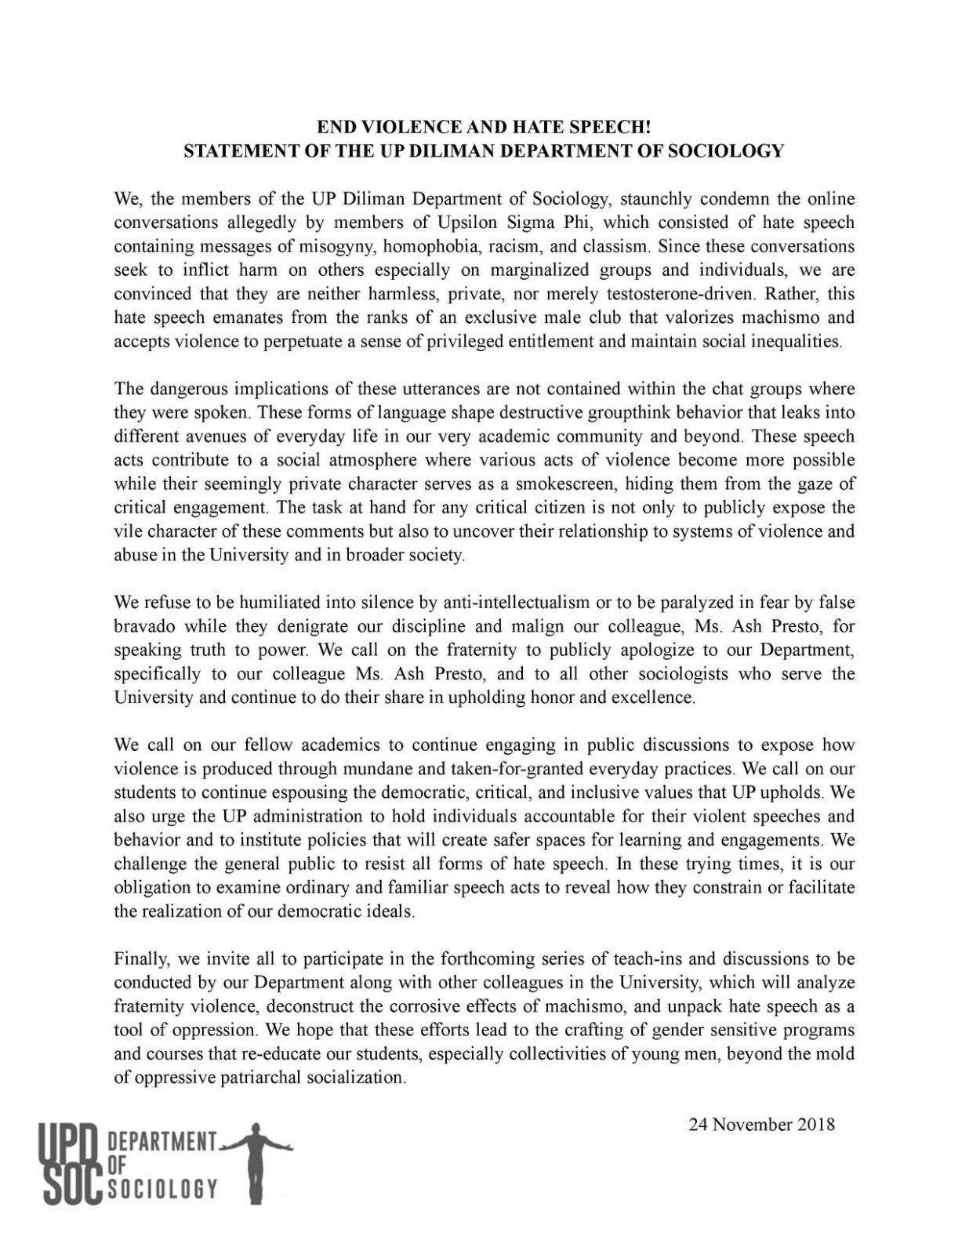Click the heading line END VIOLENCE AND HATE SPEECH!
[x=484, y=125]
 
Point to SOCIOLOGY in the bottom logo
[x=161, y=1190]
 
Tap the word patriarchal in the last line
[x=277, y=1077]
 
